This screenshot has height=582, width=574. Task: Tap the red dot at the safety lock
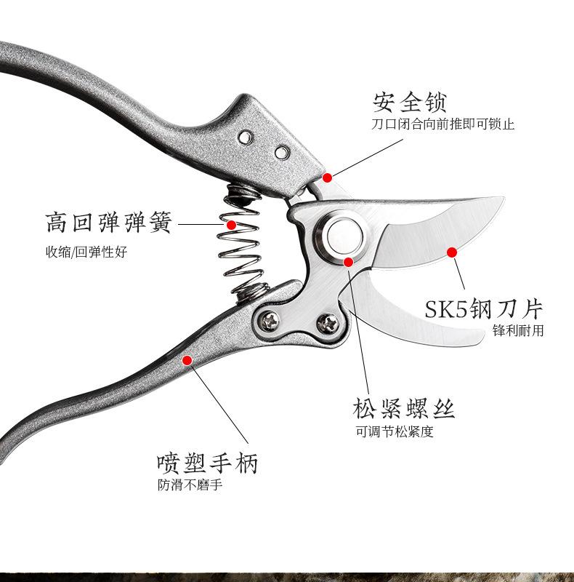(x=327, y=177)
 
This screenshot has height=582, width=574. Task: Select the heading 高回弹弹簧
(x=108, y=222)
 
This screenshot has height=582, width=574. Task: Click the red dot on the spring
(x=232, y=225)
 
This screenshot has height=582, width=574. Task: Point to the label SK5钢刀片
(x=484, y=308)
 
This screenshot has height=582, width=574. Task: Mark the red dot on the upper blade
(x=451, y=252)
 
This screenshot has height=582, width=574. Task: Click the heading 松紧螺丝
(x=404, y=408)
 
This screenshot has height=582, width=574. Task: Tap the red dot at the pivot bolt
(x=348, y=261)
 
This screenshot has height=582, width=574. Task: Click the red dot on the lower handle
(x=187, y=359)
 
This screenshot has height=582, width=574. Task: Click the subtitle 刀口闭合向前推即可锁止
(x=442, y=124)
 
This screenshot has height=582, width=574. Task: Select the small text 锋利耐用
(x=517, y=331)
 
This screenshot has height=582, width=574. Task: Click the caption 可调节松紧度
(x=394, y=431)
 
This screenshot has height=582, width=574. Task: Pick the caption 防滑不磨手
(x=190, y=485)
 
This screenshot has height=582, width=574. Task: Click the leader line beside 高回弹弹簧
(x=200, y=225)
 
